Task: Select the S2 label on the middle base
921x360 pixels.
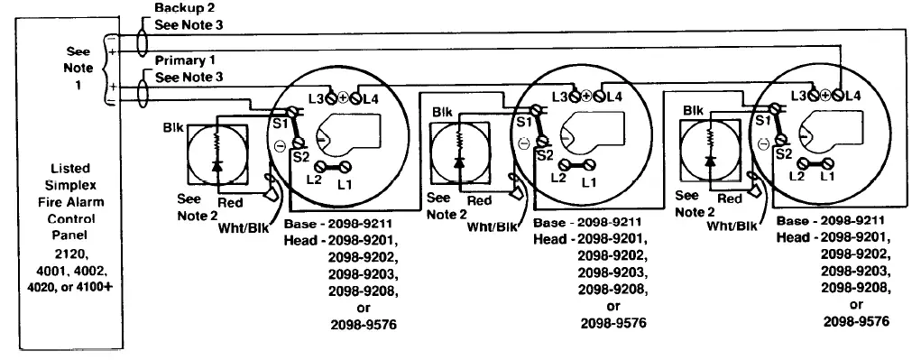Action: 543,155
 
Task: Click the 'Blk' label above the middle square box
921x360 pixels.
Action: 442,112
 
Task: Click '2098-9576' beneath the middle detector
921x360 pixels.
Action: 614,323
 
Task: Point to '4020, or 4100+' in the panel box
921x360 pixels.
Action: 65,287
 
